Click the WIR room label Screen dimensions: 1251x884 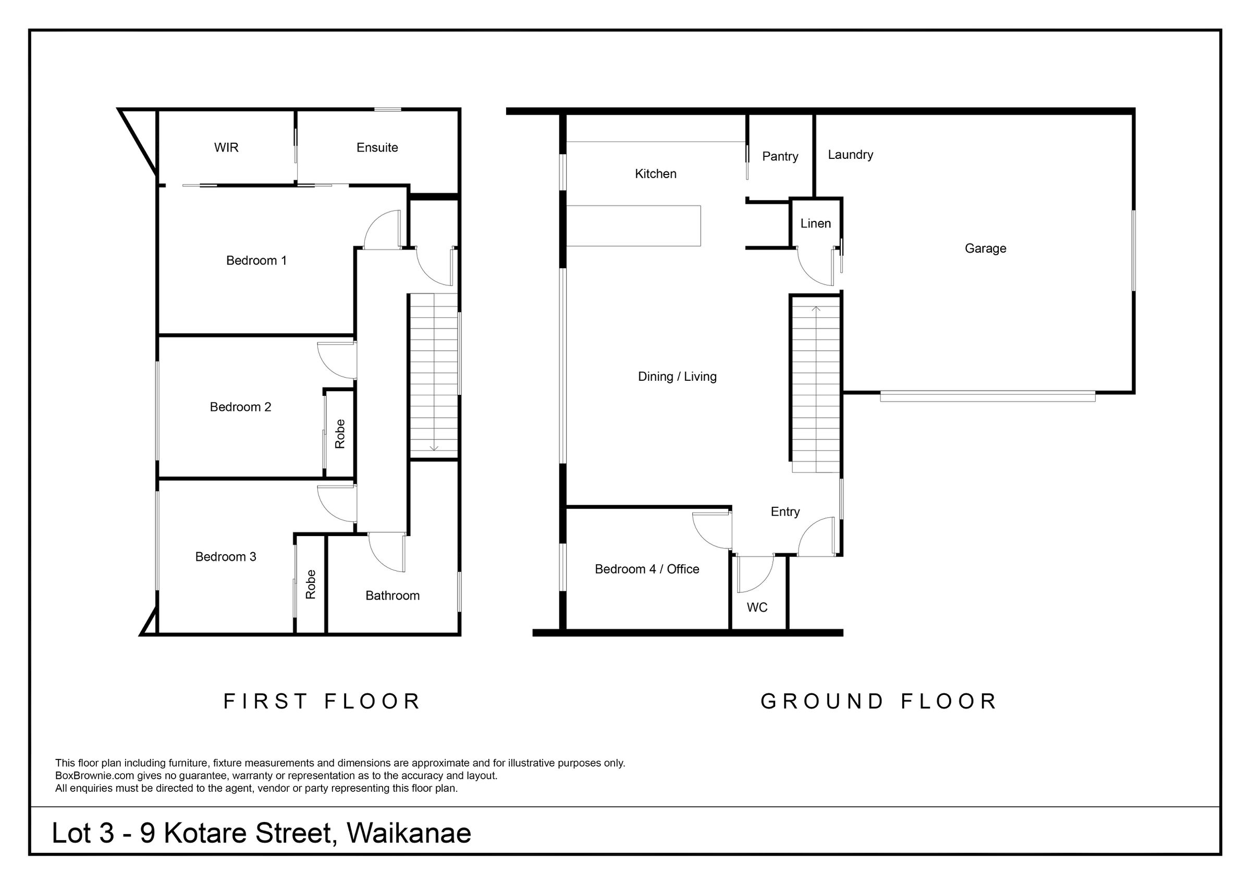pos(226,147)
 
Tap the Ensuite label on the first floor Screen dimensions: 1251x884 pos(377,147)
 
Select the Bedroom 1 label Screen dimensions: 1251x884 pos(256,261)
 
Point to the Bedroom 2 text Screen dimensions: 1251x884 pos(240,407)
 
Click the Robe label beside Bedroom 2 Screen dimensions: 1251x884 pos(340,433)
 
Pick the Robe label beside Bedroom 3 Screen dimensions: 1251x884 pos(311,584)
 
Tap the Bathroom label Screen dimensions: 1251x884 pos(393,596)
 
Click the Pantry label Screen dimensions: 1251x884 pos(780,157)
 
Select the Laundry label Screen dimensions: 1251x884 pos(851,155)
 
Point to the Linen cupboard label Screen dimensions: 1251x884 pos(816,223)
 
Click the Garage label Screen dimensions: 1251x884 pos(986,249)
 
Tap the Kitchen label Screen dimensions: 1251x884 pos(655,174)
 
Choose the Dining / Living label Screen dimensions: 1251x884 pos(677,377)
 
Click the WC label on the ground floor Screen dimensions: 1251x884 pos(757,607)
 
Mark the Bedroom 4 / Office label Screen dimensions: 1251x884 pos(647,569)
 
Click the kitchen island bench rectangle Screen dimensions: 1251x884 pos(633,226)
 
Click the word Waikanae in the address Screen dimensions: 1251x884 pos(409,833)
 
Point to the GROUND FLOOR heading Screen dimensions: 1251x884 pos(878,702)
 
